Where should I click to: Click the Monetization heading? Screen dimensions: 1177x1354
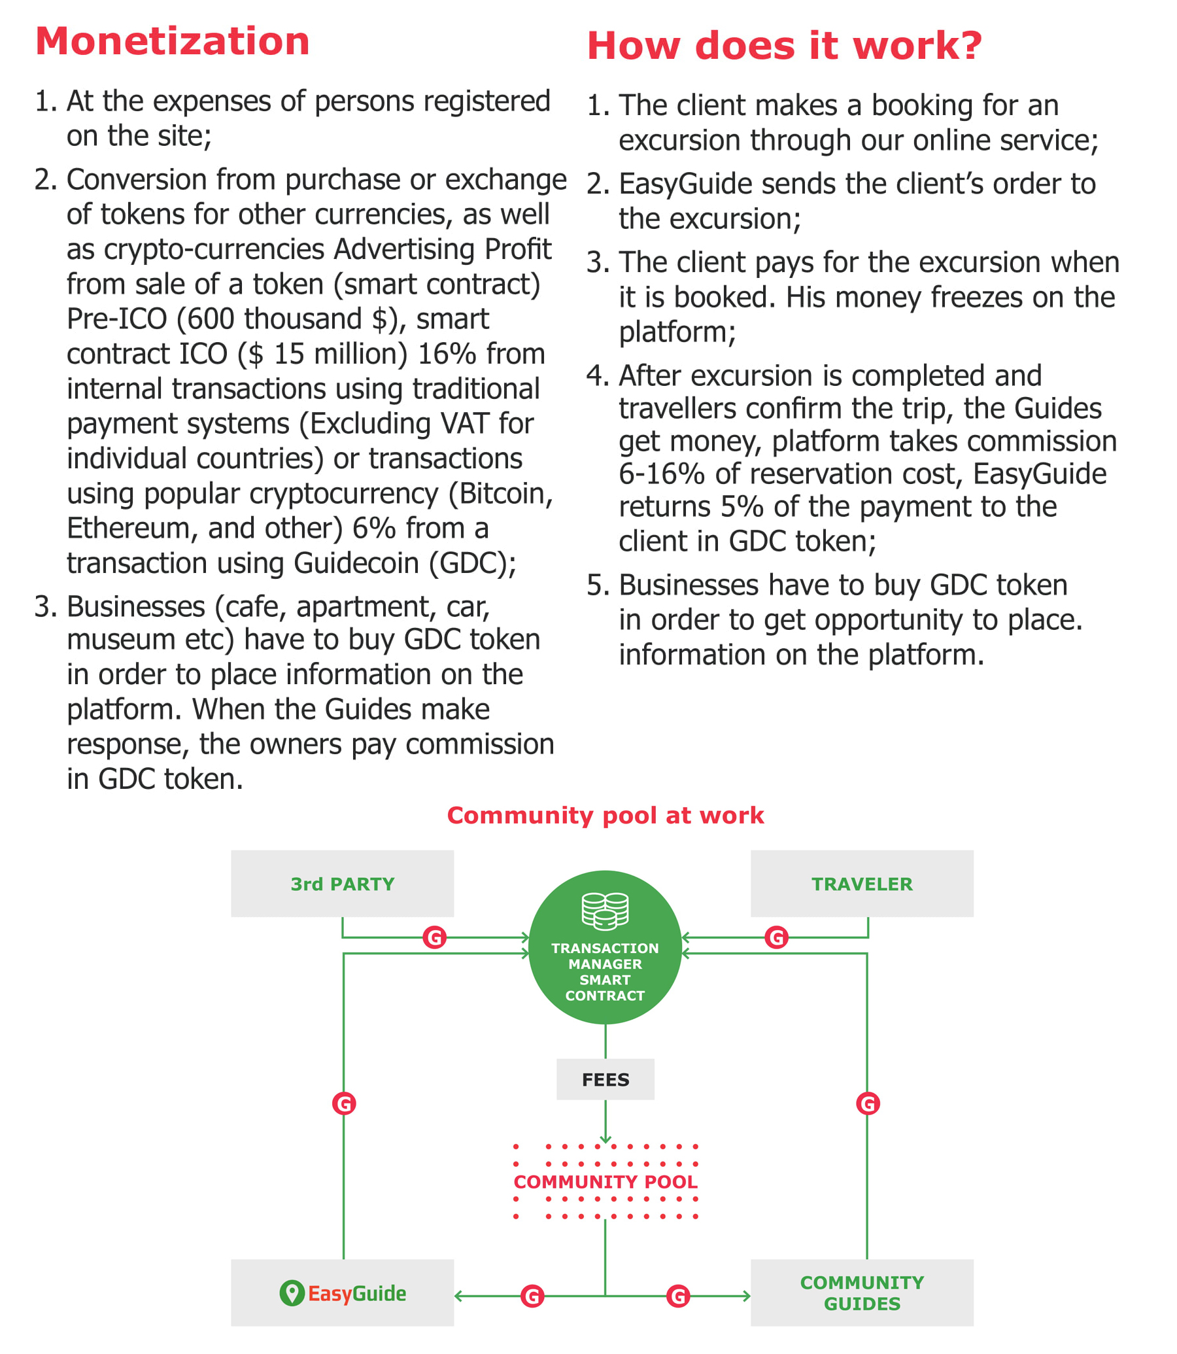click(172, 41)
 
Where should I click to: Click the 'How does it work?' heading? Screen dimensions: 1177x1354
click(784, 46)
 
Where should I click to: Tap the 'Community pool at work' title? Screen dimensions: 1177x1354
click(605, 815)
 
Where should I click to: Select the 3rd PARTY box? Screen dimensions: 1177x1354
click(342, 884)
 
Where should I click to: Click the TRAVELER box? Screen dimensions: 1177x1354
click(862, 884)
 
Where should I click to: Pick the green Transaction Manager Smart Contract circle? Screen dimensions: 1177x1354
click(605, 947)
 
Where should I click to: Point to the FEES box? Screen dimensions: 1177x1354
click(605, 1079)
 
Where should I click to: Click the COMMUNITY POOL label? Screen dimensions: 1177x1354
click(605, 1182)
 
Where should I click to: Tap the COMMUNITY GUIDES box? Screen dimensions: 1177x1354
click(862, 1293)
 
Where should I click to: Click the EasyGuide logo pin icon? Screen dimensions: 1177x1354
click(292, 1293)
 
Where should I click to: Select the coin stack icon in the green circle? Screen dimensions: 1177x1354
click(605, 911)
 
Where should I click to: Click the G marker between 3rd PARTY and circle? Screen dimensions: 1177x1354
click(434, 937)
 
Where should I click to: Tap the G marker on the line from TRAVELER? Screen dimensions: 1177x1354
click(776, 937)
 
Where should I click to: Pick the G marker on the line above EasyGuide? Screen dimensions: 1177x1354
click(343, 1103)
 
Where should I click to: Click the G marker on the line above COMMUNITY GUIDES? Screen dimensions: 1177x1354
click(868, 1103)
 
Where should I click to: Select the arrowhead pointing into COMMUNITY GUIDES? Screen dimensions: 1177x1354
click(746, 1296)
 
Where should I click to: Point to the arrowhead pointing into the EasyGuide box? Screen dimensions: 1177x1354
click(458, 1296)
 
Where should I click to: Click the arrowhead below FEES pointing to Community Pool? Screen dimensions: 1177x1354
click(605, 1140)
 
